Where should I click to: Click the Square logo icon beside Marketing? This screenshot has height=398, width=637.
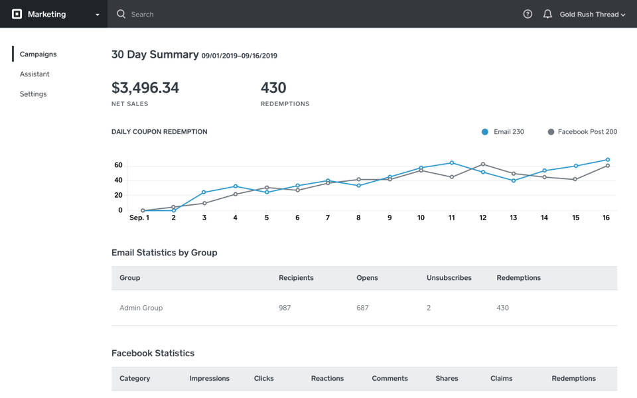pyautogui.click(x=17, y=14)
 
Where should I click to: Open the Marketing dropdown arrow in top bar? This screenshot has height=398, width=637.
pyautogui.click(x=98, y=15)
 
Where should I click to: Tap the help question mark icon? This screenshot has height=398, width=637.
pyautogui.click(x=528, y=14)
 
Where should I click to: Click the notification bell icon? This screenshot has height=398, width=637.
pyautogui.click(x=547, y=14)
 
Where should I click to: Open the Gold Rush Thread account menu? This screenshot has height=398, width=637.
pyautogui.click(x=592, y=14)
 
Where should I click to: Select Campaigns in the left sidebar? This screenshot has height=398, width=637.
pyautogui.click(x=38, y=54)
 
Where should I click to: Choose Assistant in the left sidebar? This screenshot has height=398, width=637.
pyautogui.click(x=35, y=74)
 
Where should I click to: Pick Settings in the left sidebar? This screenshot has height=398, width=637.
pyautogui.click(x=33, y=94)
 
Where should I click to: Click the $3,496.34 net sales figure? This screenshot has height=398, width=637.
pyautogui.click(x=145, y=88)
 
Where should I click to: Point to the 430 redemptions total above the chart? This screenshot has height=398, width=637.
pyautogui.click(x=273, y=88)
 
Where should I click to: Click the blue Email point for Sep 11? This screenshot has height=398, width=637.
pyautogui.click(x=452, y=163)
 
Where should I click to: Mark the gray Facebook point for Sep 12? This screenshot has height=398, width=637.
pyautogui.click(x=483, y=164)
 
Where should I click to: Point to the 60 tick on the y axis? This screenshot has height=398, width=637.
pyautogui.click(x=118, y=165)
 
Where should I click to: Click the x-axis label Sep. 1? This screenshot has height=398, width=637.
pyautogui.click(x=139, y=218)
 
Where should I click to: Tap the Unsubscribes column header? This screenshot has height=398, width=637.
pyautogui.click(x=449, y=278)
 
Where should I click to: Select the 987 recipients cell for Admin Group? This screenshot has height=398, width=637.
pyautogui.click(x=285, y=308)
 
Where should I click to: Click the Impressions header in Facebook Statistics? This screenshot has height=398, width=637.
pyautogui.click(x=209, y=378)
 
